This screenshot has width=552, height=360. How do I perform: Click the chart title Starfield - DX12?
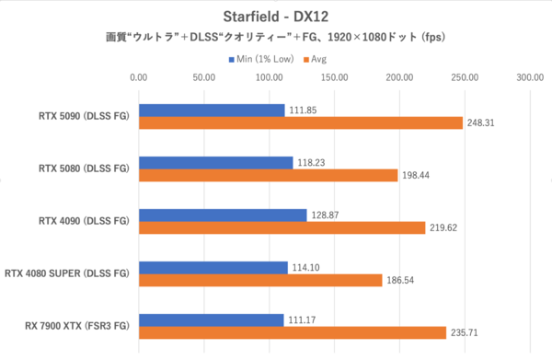pyautogui.click(x=275, y=17)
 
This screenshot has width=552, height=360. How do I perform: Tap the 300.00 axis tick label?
pyautogui.click(x=530, y=79)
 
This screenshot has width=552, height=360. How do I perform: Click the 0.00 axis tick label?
pyautogui.click(x=139, y=79)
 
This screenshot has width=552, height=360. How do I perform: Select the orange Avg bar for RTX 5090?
pyautogui.click(x=300, y=122)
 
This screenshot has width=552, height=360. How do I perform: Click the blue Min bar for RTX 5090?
pyautogui.click(x=212, y=110)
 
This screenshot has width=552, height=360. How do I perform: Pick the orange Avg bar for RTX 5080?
pyautogui.click(x=268, y=175)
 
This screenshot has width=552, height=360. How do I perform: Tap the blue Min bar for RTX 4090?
pyautogui.click(x=223, y=215)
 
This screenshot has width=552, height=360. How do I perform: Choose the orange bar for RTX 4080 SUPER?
pyautogui.click(x=260, y=280)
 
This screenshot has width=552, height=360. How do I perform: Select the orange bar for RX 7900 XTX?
pyautogui.click(x=292, y=332)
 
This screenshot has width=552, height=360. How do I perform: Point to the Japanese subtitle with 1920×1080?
pyautogui.click(x=275, y=38)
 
